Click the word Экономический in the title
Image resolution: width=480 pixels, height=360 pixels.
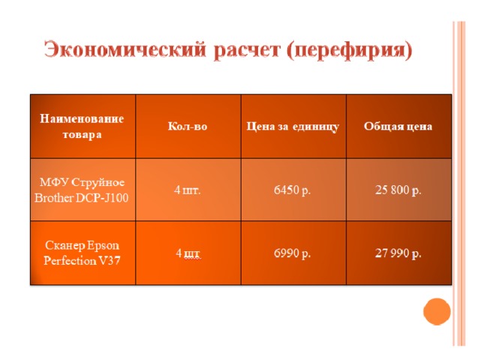pyautogui.click(x=125, y=49)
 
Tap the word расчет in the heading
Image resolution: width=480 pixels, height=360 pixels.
pyautogui.click(x=247, y=50)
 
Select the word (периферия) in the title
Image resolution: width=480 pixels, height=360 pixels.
pyautogui.click(x=349, y=50)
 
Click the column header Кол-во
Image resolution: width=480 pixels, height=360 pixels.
pyautogui.click(x=187, y=126)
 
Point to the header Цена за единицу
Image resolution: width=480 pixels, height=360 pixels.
pyautogui.click(x=292, y=127)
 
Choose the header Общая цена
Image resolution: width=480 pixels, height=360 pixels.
pyautogui.click(x=398, y=126)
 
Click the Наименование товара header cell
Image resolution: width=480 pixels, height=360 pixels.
pyautogui.click(x=82, y=127)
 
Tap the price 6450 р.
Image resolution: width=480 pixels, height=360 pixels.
pyautogui.click(x=292, y=190)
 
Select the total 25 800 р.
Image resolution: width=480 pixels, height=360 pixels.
pyautogui.click(x=398, y=190)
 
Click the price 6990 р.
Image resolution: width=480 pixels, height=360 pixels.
pyautogui.click(x=292, y=253)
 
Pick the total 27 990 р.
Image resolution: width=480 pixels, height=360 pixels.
pyautogui.click(x=398, y=253)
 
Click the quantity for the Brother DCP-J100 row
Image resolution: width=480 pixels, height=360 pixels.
pyautogui.click(x=187, y=190)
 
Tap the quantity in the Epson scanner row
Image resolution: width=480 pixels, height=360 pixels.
pyautogui.click(x=188, y=253)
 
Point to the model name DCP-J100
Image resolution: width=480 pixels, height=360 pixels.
pyautogui.click(x=102, y=198)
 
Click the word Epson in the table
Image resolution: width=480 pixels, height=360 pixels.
pyautogui.click(x=103, y=246)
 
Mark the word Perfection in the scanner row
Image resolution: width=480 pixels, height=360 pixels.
pyautogui.click(x=70, y=261)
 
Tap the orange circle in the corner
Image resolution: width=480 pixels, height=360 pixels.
pyautogui.click(x=436, y=311)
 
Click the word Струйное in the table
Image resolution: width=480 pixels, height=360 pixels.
pyautogui.click(x=98, y=183)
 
